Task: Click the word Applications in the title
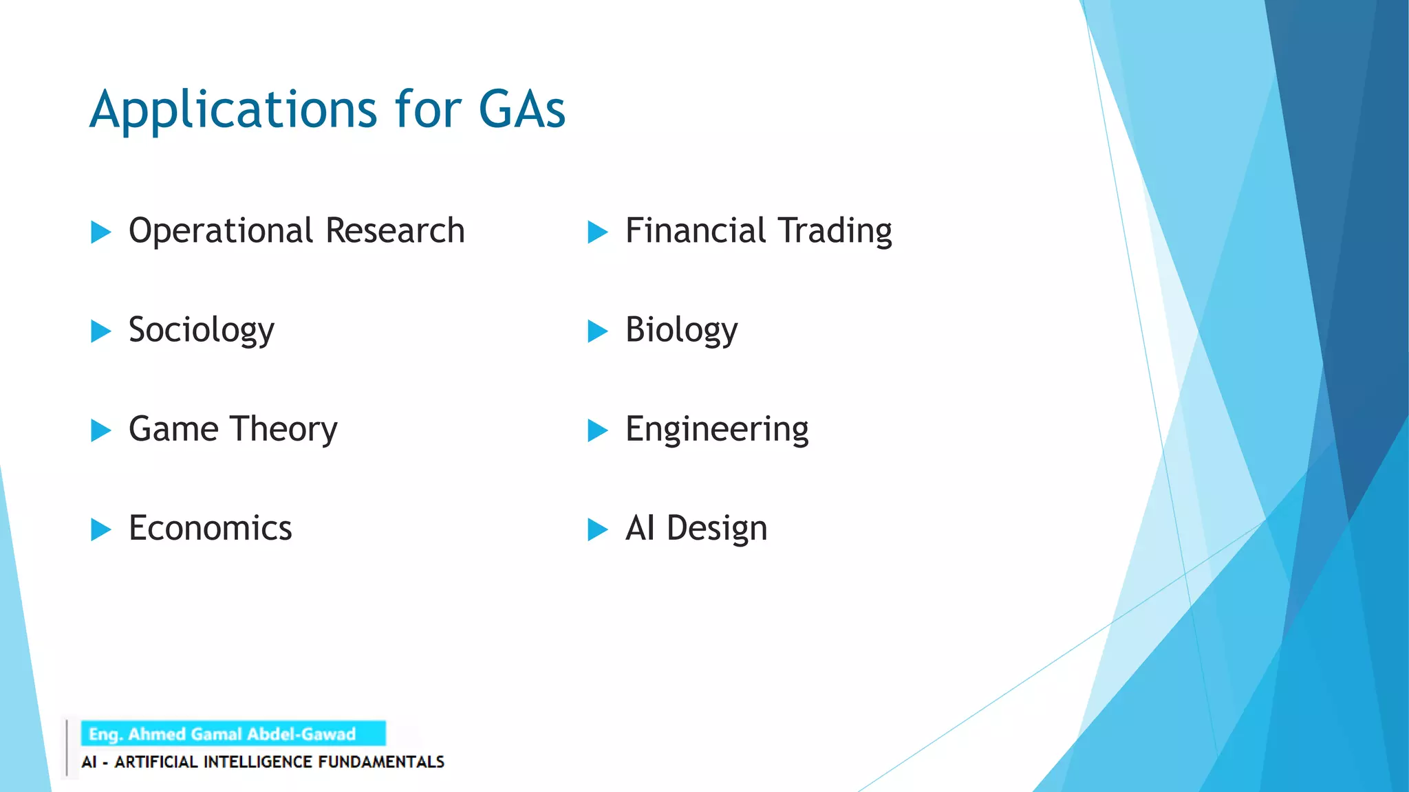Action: (233, 110)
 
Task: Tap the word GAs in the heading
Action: (521, 110)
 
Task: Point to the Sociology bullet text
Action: (201, 331)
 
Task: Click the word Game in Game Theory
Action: (173, 429)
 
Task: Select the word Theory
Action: (284, 430)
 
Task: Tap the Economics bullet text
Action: (210, 529)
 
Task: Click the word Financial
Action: (695, 231)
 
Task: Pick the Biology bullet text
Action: (680, 331)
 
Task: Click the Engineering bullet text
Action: (716, 430)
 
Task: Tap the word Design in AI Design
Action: (716, 529)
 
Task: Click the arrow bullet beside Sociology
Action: (100, 331)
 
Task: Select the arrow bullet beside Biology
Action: (597, 331)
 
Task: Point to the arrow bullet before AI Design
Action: (597, 530)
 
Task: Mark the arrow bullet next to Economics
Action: (100, 530)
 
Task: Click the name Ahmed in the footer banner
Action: (156, 734)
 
